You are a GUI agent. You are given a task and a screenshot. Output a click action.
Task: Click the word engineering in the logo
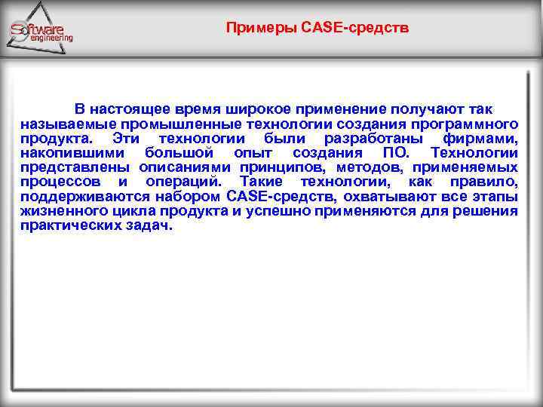pos(52,37)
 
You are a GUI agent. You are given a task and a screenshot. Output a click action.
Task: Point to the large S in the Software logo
pos(18,32)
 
